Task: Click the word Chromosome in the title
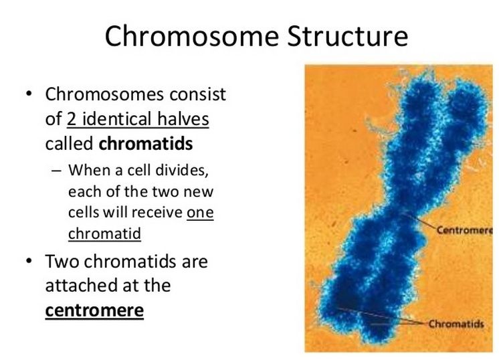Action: (192, 36)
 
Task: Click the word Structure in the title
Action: (348, 36)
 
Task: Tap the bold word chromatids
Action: (146, 144)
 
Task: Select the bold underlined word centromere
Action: (94, 310)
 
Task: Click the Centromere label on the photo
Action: (464, 230)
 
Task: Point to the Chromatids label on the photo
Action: (456, 324)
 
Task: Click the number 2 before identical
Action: (72, 119)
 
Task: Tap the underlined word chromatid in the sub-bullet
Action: (104, 234)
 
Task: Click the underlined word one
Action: (200, 213)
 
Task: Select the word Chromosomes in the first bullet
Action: (105, 94)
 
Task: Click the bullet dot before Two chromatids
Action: (29, 261)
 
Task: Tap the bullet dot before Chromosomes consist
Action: (29, 94)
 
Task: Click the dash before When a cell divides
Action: (56, 171)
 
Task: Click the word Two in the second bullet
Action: (62, 262)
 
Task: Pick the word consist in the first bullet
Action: (197, 94)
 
